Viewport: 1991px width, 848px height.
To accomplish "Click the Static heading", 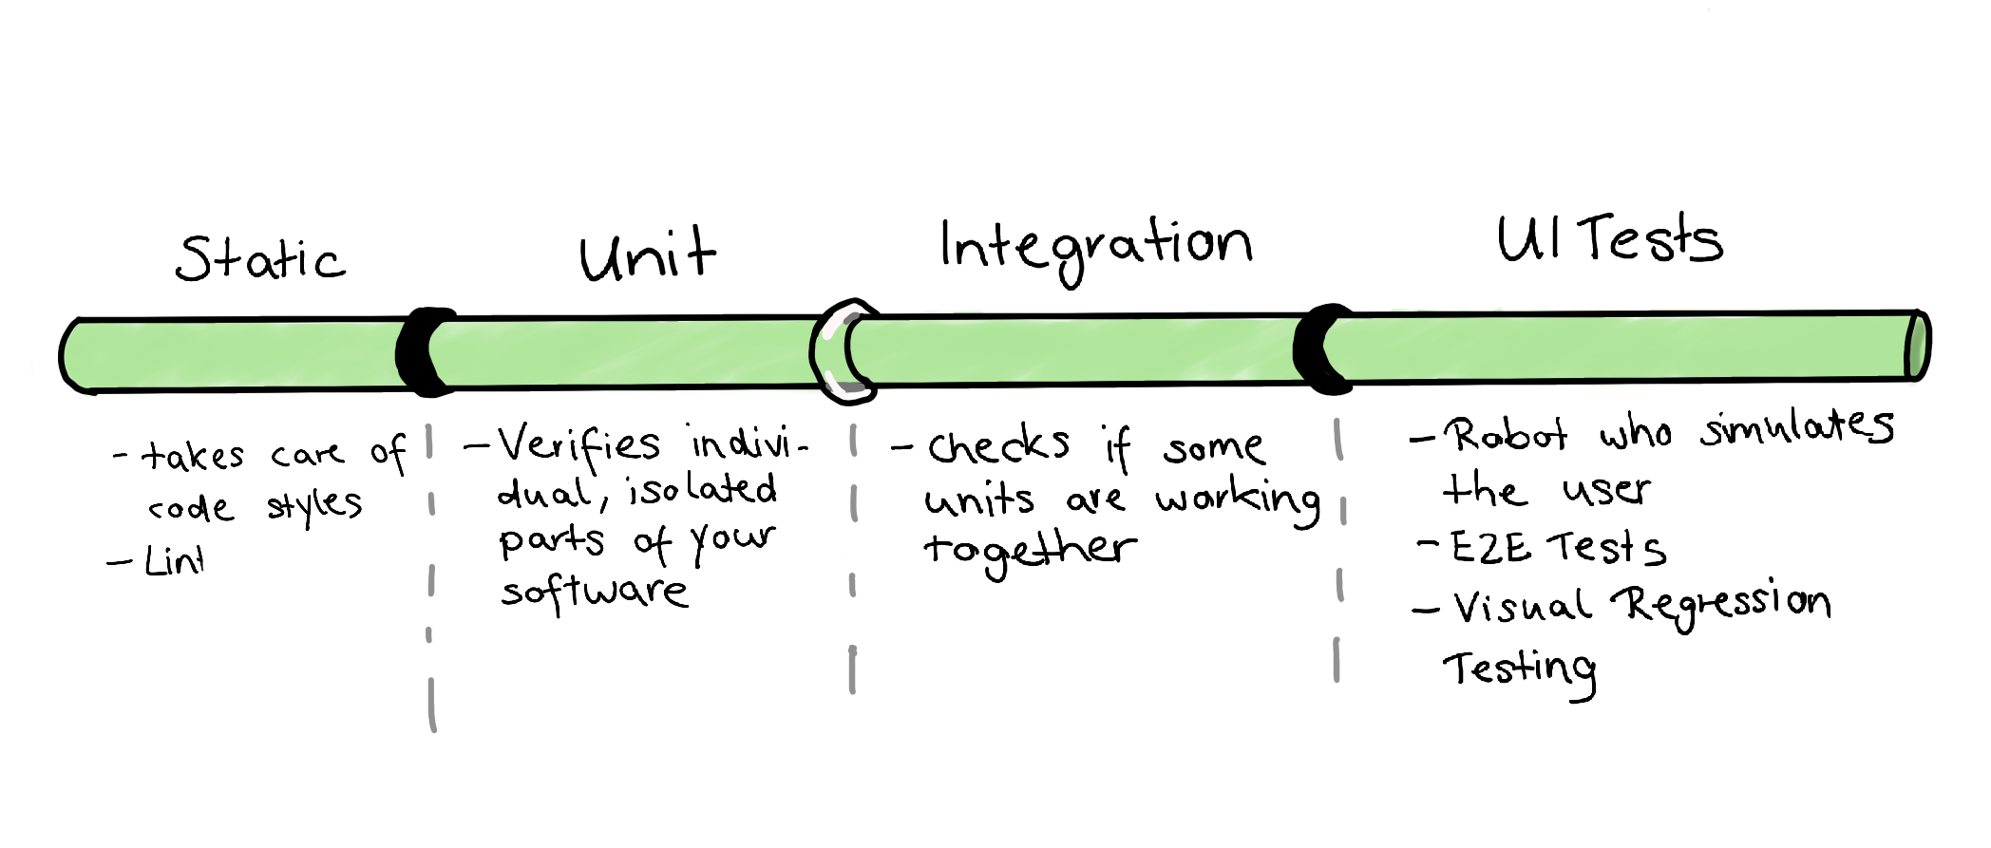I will pos(260,258).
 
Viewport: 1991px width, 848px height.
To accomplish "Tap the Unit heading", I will pos(647,256).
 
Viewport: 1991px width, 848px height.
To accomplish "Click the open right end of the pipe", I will pos(1916,346).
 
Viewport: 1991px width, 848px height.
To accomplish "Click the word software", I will pos(594,592).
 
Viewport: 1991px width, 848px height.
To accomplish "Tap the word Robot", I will pos(1506,435).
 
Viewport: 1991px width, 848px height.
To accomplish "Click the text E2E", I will pos(1489,548).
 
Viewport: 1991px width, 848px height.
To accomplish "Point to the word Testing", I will pos(1520,670).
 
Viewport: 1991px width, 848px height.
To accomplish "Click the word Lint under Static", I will pos(174,561).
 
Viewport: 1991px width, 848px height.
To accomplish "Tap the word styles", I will pos(313,506).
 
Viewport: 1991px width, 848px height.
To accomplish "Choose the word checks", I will pos(998,445).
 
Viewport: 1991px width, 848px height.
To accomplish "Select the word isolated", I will pos(702,490).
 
